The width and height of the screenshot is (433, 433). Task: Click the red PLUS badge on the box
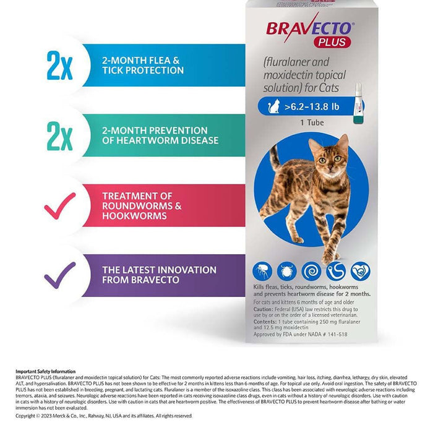coord(336,42)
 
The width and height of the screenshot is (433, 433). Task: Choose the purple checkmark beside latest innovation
coord(60,275)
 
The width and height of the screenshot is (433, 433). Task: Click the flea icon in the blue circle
coord(262,271)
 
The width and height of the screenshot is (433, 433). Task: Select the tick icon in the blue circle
coord(286,271)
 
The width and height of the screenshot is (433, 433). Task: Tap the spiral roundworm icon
coord(311,271)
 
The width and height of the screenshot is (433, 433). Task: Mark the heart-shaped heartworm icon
coord(360,271)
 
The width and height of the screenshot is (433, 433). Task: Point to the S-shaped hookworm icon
coord(336,271)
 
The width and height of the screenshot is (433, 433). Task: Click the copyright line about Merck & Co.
coord(104,416)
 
